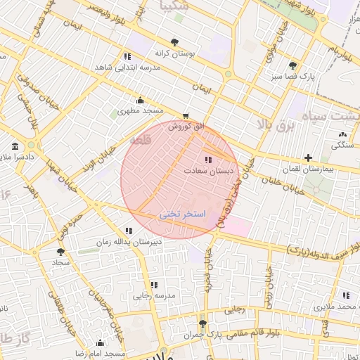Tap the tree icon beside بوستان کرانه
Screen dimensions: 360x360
click(x=174, y=42)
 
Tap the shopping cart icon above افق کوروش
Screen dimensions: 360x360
click(x=185, y=115)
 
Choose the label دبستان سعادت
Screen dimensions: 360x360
click(x=210, y=170)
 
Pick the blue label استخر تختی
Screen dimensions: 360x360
click(x=183, y=213)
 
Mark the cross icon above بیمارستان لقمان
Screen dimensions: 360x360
click(x=308, y=157)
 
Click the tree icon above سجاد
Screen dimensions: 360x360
click(x=60, y=250)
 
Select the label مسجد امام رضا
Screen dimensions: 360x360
click(x=98, y=352)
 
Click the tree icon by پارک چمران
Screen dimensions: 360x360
click(x=203, y=323)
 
